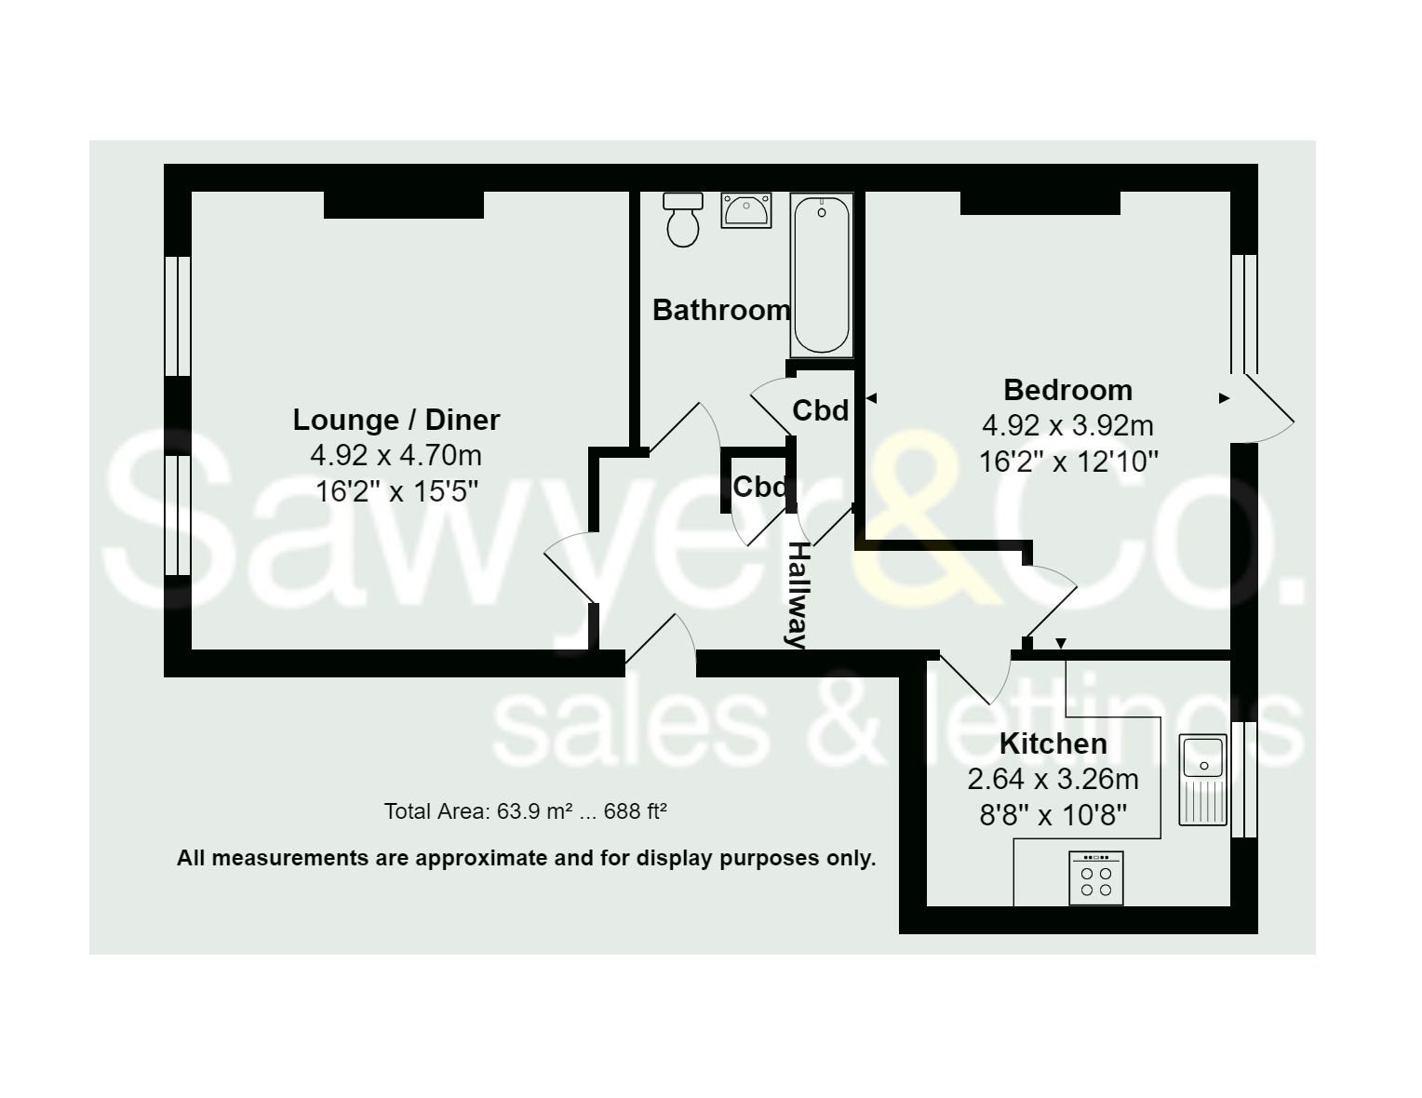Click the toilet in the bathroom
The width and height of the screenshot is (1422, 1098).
682,220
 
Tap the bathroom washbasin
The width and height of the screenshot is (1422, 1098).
746,209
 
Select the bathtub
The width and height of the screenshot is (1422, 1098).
821,274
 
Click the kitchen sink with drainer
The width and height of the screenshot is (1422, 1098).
1202,780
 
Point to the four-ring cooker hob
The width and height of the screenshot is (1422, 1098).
1096,878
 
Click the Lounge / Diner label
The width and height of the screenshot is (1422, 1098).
396,420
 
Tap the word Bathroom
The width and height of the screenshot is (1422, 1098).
722,310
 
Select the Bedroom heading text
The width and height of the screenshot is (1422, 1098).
1068,391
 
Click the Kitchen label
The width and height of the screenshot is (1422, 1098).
1053,744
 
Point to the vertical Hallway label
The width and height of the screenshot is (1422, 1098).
799,595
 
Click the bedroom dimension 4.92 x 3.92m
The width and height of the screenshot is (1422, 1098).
1068,426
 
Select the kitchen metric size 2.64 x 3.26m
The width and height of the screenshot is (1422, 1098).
1053,780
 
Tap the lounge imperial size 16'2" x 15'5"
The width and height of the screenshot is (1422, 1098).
397,491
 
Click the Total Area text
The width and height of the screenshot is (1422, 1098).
526,811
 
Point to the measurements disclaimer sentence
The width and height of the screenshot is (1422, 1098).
526,858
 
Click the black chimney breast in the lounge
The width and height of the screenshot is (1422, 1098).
404,204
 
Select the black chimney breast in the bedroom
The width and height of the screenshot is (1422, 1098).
1040,203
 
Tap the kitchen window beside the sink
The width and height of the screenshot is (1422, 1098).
1244,780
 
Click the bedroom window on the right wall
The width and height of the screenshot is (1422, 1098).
1244,315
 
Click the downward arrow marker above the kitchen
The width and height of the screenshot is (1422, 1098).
1062,644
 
